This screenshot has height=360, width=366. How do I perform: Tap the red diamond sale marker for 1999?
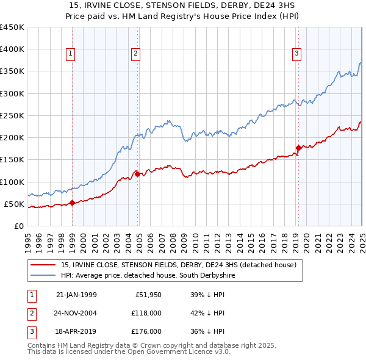coord(72,203)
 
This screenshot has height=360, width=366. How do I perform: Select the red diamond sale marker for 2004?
coord(138,174)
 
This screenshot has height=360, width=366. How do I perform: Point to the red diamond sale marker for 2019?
coord(298,148)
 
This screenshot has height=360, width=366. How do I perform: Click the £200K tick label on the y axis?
coord(12,138)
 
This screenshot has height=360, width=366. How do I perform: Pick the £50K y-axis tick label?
coord(15,204)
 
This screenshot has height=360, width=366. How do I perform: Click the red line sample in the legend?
coord(43,265)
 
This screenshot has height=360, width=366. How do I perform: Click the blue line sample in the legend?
coord(43,276)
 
